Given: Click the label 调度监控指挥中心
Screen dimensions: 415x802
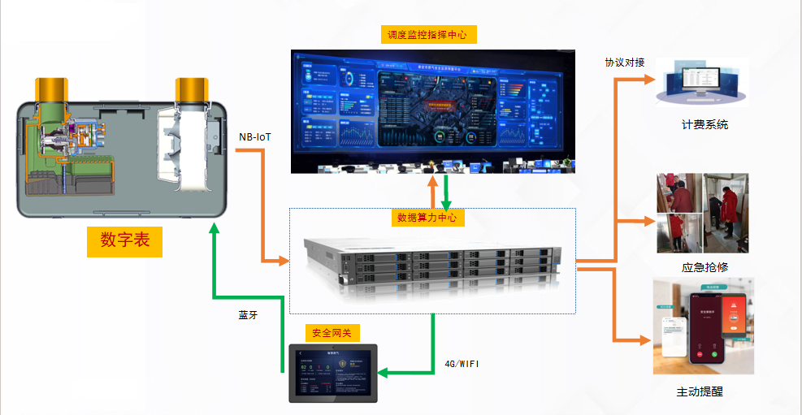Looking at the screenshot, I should [428, 35].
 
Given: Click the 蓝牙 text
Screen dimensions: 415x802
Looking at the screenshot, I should [248, 315].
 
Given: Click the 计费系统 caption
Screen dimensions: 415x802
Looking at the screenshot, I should [704, 125].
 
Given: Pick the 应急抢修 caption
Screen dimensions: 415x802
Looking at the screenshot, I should [704, 268].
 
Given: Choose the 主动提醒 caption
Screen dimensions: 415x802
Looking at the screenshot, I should [700, 391].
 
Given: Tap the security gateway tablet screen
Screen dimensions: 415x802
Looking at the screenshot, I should [334, 374].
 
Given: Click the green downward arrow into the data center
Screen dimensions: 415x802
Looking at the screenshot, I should [445, 192].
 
